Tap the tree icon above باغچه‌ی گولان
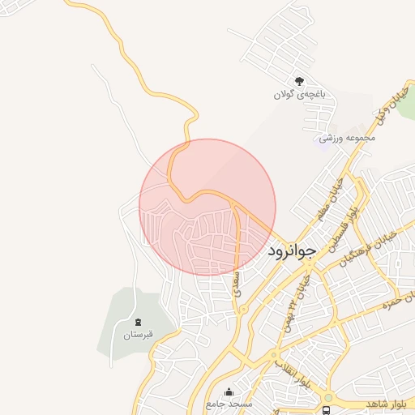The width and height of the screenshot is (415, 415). click(x=299, y=80)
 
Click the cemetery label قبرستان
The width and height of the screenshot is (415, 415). click(x=138, y=335)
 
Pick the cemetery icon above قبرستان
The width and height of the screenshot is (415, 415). click(x=138, y=322)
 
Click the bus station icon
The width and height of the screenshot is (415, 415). click(x=327, y=410)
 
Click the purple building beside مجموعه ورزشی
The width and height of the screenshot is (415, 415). click(x=325, y=139)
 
